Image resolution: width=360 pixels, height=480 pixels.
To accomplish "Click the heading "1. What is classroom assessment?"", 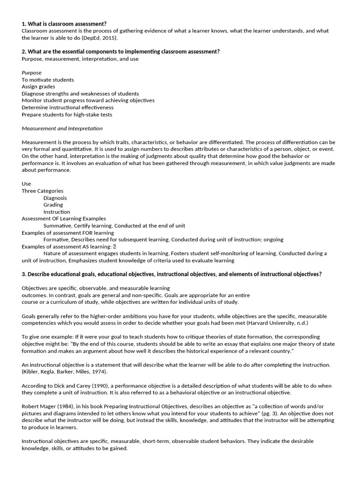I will click(x=64, y=24).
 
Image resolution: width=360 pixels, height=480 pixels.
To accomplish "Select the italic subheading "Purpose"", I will click(x=31, y=73).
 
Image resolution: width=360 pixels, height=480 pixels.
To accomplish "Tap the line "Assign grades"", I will click(x=38, y=87).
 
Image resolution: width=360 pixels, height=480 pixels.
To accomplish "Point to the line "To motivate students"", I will click(x=48, y=80).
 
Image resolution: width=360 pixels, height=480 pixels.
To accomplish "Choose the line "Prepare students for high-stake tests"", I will click(x=67, y=114).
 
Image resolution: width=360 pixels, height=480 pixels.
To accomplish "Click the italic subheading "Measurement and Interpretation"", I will click(x=62, y=128).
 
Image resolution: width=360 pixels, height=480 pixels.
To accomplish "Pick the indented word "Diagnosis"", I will click(x=55, y=198).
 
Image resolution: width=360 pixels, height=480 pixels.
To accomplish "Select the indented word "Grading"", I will click(x=53, y=205).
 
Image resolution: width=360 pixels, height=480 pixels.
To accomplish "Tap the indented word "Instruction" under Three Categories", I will click(x=57, y=212).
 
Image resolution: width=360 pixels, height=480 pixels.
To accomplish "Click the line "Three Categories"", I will click(x=42, y=191).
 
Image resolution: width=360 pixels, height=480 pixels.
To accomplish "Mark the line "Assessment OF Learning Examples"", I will click(x=64, y=218).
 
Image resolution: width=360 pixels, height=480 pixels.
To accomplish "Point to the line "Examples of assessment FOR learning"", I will click(x=67, y=232).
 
